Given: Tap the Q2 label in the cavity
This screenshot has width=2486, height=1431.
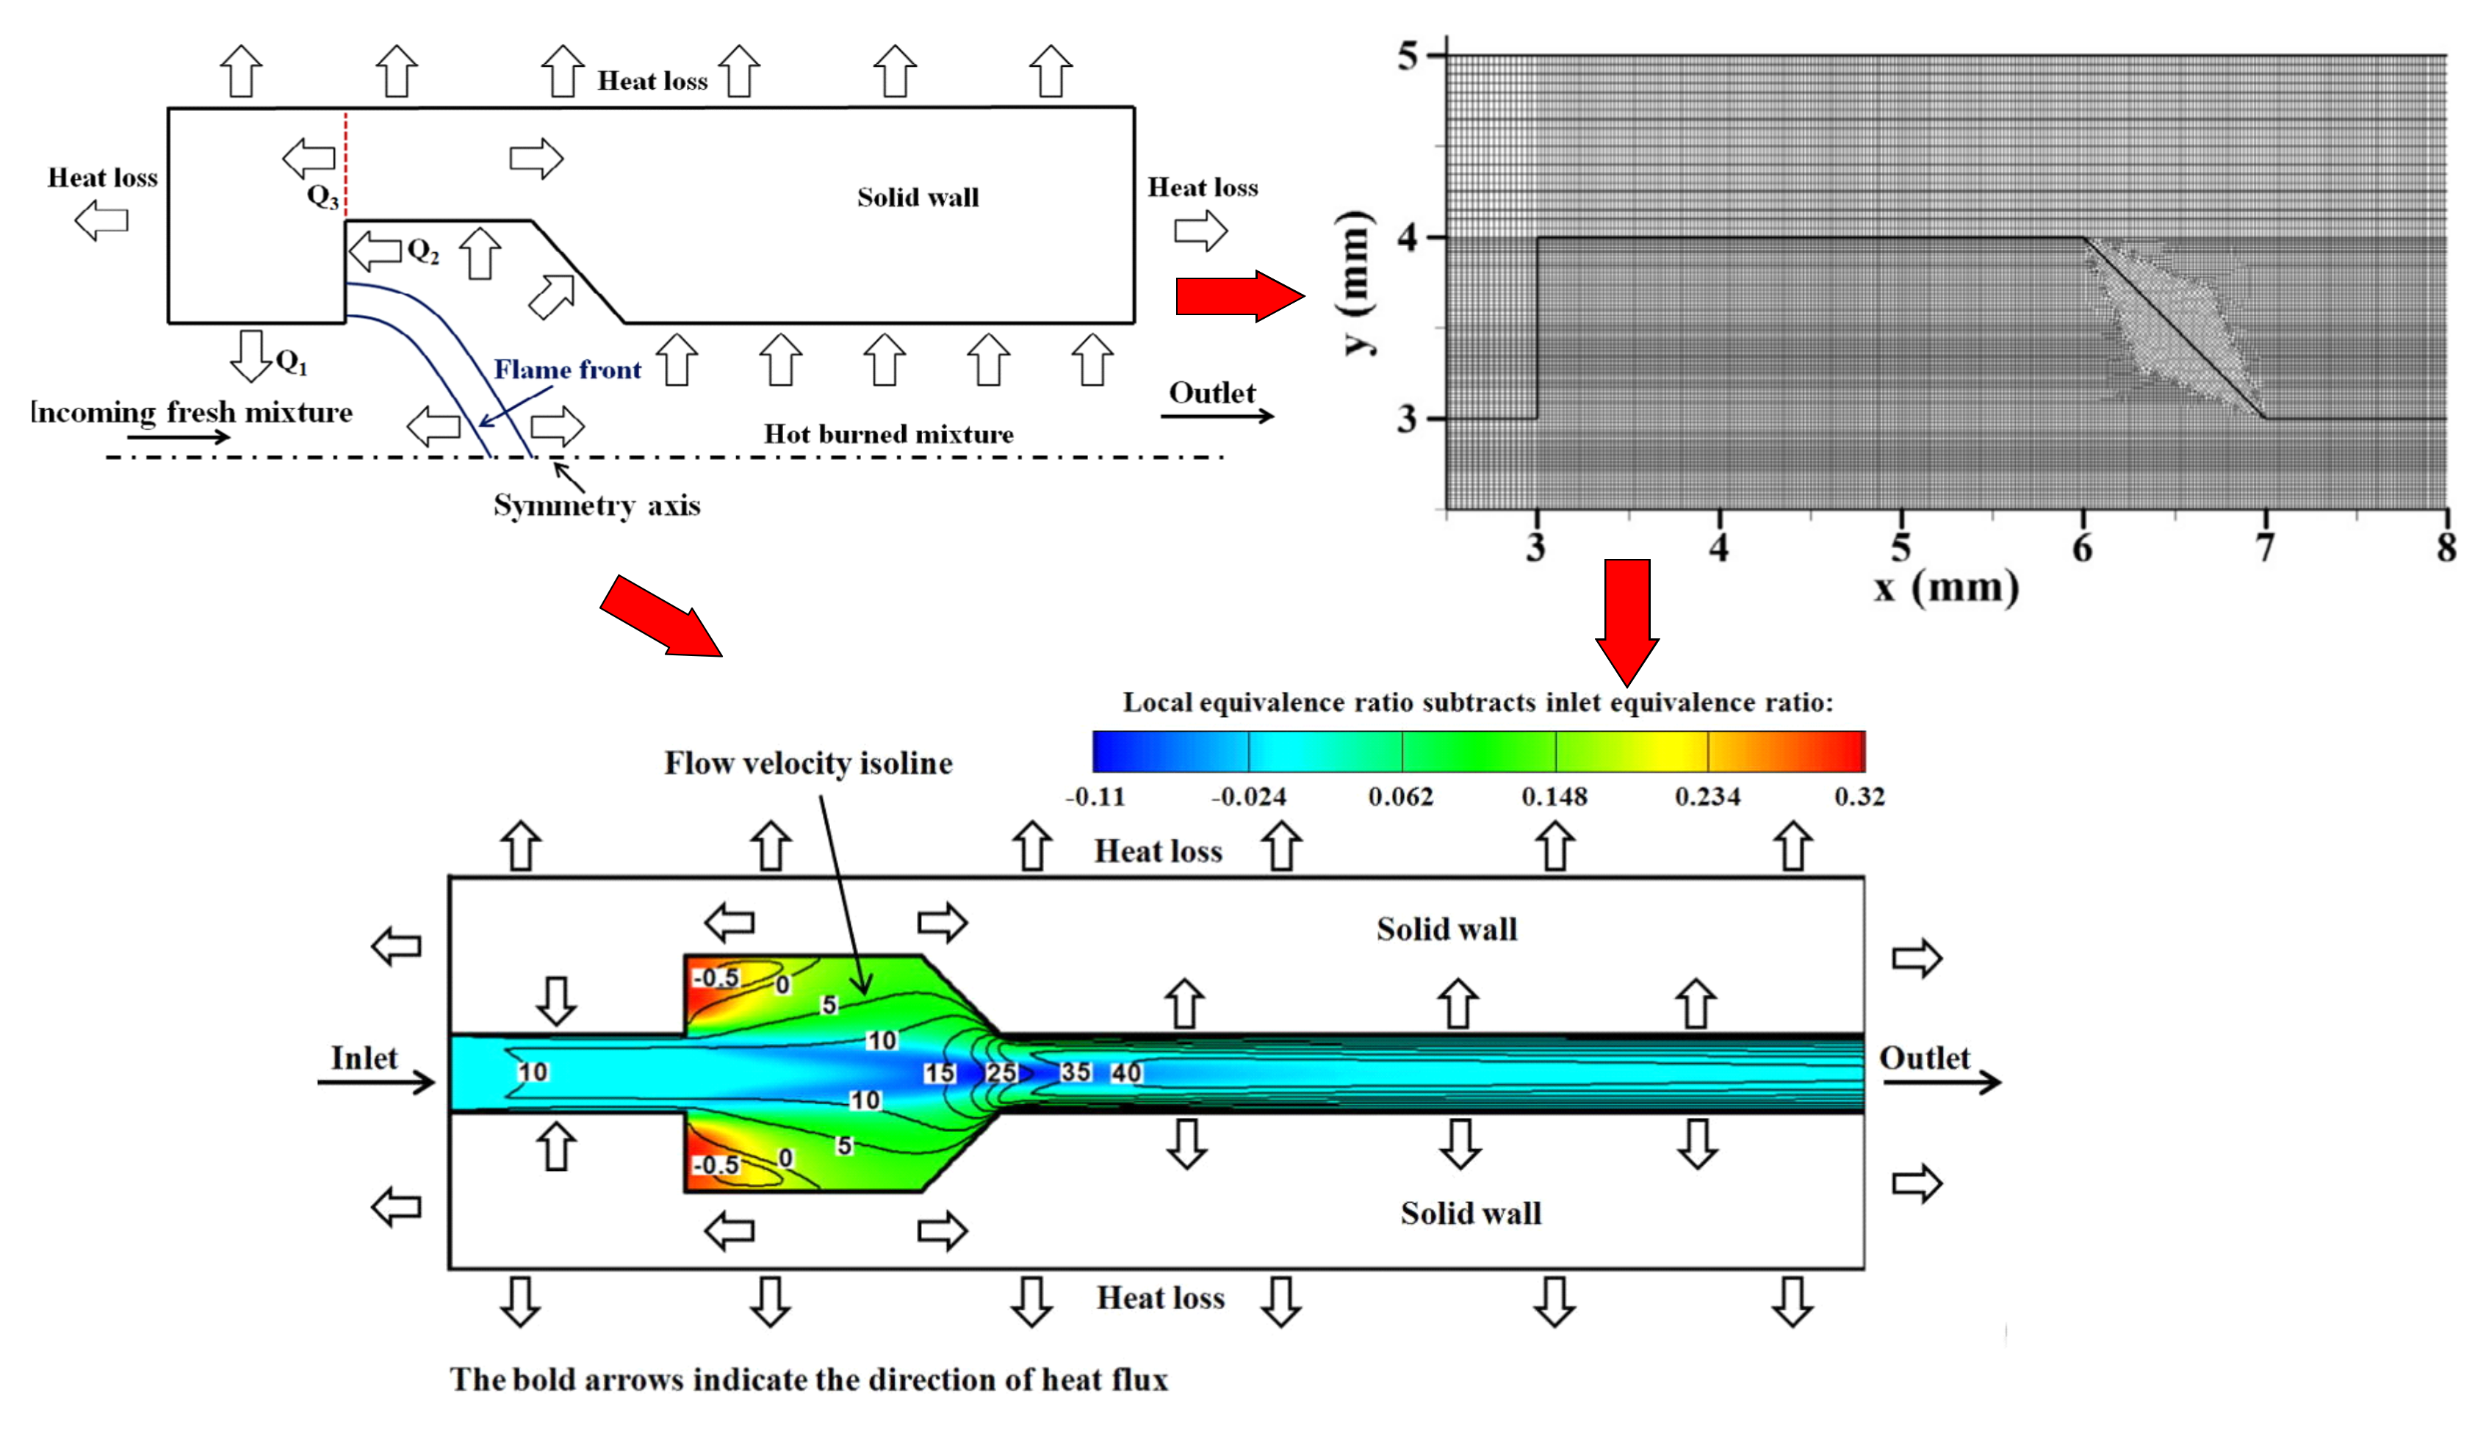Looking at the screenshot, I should (422, 252).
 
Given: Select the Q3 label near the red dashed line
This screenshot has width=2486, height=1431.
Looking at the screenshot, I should (323, 197).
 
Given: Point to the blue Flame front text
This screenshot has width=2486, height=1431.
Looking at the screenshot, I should (567, 370).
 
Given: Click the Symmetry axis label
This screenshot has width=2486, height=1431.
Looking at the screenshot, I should (597, 505).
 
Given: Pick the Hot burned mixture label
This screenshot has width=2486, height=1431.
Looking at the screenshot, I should (888, 434).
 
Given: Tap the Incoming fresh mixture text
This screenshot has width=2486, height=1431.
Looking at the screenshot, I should (192, 412).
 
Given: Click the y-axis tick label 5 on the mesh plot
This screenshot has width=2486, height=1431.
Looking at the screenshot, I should (1408, 56).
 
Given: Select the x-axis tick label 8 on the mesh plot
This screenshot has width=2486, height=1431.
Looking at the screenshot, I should (2446, 547).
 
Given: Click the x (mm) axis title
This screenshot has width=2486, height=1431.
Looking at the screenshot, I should (1945, 588).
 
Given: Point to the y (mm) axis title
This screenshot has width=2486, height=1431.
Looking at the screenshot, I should (1356, 282).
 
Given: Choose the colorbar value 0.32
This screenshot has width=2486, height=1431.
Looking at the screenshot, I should (1859, 796).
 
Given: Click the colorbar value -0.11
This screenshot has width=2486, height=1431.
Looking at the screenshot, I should (1095, 796).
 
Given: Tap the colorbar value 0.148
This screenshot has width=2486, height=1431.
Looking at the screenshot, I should (1554, 796).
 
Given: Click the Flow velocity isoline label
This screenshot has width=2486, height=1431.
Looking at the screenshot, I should (807, 764).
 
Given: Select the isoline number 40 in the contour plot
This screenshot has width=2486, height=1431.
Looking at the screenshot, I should (1126, 1073).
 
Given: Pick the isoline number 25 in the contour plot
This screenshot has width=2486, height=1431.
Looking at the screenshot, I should (1001, 1073).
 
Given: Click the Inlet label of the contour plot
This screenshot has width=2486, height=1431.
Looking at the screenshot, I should (364, 1059).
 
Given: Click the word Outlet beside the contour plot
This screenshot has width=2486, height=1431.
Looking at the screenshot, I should (1924, 1059).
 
